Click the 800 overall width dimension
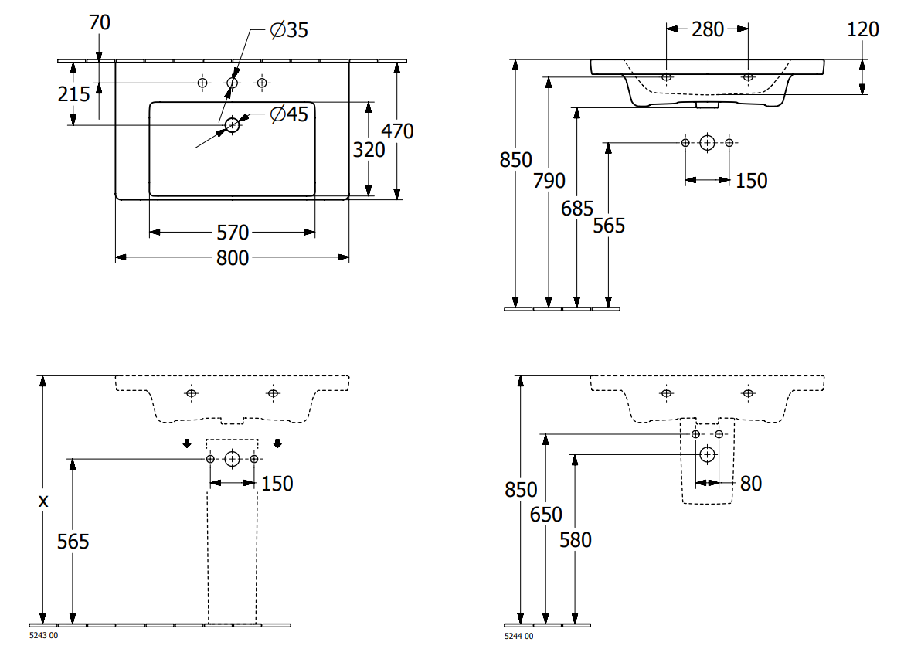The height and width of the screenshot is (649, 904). [x=233, y=257]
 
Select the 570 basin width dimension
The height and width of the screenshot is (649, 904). [x=233, y=233]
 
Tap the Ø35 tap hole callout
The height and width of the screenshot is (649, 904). [x=289, y=30]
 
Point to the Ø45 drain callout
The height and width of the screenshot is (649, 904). [x=289, y=114]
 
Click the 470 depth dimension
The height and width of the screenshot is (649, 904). [x=397, y=131]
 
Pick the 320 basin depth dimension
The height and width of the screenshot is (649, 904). [x=369, y=150]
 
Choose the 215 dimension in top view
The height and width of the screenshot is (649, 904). [x=74, y=94]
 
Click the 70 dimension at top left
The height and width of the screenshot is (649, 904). [x=99, y=22]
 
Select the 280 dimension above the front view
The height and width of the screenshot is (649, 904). [x=708, y=29]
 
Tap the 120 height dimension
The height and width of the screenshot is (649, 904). [x=862, y=29]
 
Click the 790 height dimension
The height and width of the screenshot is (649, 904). [x=549, y=180]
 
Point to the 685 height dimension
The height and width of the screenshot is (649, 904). [x=577, y=208]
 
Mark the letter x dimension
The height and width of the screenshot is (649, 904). [x=43, y=501]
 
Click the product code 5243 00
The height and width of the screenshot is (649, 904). [x=43, y=635]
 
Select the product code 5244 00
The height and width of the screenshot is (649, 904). [x=519, y=636]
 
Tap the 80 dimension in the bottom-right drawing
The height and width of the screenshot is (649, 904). [x=751, y=484]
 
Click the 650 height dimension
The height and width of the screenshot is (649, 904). [x=546, y=514]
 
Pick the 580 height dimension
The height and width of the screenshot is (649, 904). [x=576, y=540]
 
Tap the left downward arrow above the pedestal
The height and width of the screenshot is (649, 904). [x=187, y=443]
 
